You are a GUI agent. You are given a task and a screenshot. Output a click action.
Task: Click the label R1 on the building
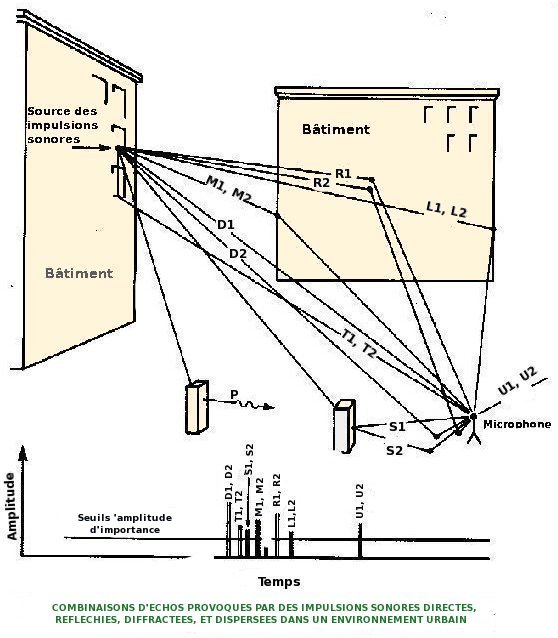(343, 174)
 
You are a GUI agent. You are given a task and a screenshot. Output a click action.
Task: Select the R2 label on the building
(321, 183)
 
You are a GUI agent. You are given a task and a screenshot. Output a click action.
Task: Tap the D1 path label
(226, 225)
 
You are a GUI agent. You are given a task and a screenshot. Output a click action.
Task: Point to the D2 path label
(238, 254)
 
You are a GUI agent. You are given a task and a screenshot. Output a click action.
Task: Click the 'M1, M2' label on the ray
(229, 189)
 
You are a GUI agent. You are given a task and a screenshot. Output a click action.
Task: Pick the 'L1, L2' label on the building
(446, 209)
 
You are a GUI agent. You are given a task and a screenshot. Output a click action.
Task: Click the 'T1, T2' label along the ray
(359, 344)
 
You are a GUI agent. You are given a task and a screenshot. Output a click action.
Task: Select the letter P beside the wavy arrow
(234, 394)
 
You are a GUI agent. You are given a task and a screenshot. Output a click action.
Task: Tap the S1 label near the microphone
(397, 426)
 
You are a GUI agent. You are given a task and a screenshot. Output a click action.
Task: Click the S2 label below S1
(394, 450)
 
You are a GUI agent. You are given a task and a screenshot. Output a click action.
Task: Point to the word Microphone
(517, 424)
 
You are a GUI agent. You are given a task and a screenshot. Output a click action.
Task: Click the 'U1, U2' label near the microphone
(517, 381)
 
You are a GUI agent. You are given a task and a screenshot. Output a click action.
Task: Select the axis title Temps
(279, 582)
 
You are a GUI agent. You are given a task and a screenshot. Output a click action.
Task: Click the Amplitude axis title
(12, 506)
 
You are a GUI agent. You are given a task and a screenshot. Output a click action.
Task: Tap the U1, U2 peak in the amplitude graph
(360, 540)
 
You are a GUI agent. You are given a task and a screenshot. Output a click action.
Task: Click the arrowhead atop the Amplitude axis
(23, 452)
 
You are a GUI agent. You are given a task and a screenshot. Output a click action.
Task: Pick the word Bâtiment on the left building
(79, 273)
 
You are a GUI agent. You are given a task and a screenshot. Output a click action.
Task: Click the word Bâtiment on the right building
(336, 129)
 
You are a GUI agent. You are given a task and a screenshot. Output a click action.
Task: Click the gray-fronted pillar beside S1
(344, 426)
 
